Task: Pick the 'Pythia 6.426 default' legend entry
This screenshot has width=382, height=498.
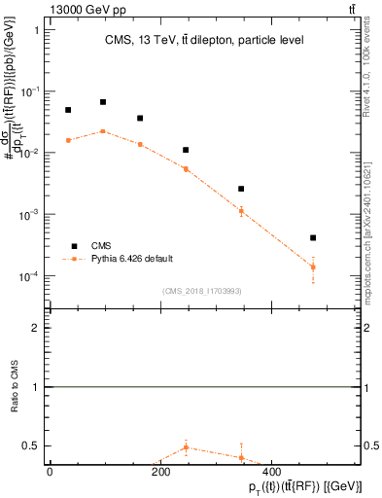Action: pyautogui.click(x=131, y=259)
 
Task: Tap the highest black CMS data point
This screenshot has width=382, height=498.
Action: pyautogui.click(x=103, y=101)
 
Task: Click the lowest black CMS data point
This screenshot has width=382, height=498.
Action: pyautogui.click(x=313, y=237)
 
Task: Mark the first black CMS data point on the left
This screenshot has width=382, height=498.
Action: pyautogui.click(x=68, y=110)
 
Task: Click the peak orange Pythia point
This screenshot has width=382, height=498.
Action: pyautogui.click(x=103, y=130)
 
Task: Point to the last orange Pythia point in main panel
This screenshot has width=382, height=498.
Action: pyautogui.click(x=313, y=267)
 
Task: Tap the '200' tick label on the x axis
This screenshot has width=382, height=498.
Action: pyautogui.click(x=159, y=472)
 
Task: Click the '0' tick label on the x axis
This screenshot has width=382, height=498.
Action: pyautogui.click(x=50, y=472)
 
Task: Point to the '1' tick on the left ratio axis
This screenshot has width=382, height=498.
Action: pyautogui.click(x=37, y=387)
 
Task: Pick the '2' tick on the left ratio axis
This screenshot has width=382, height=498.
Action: pyautogui.click(x=37, y=328)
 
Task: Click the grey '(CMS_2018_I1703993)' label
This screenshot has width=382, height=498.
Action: pyautogui.click(x=202, y=290)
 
